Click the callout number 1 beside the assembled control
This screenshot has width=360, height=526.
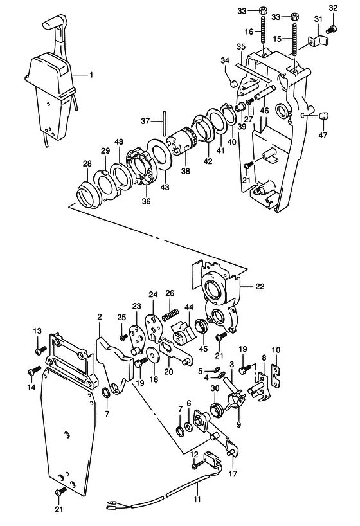click(x=91, y=75)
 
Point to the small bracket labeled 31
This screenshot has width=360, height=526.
click(x=311, y=42)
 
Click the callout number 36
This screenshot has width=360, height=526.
click(x=146, y=201)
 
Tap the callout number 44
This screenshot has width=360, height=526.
click(x=189, y=308)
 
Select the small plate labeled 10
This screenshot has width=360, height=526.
click(x=276, y=373)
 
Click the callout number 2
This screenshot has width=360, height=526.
click(x=100, y=317)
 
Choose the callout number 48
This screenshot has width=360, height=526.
click(x=118, y=141)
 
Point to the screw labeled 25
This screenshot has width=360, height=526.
click(x=123, y=337)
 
